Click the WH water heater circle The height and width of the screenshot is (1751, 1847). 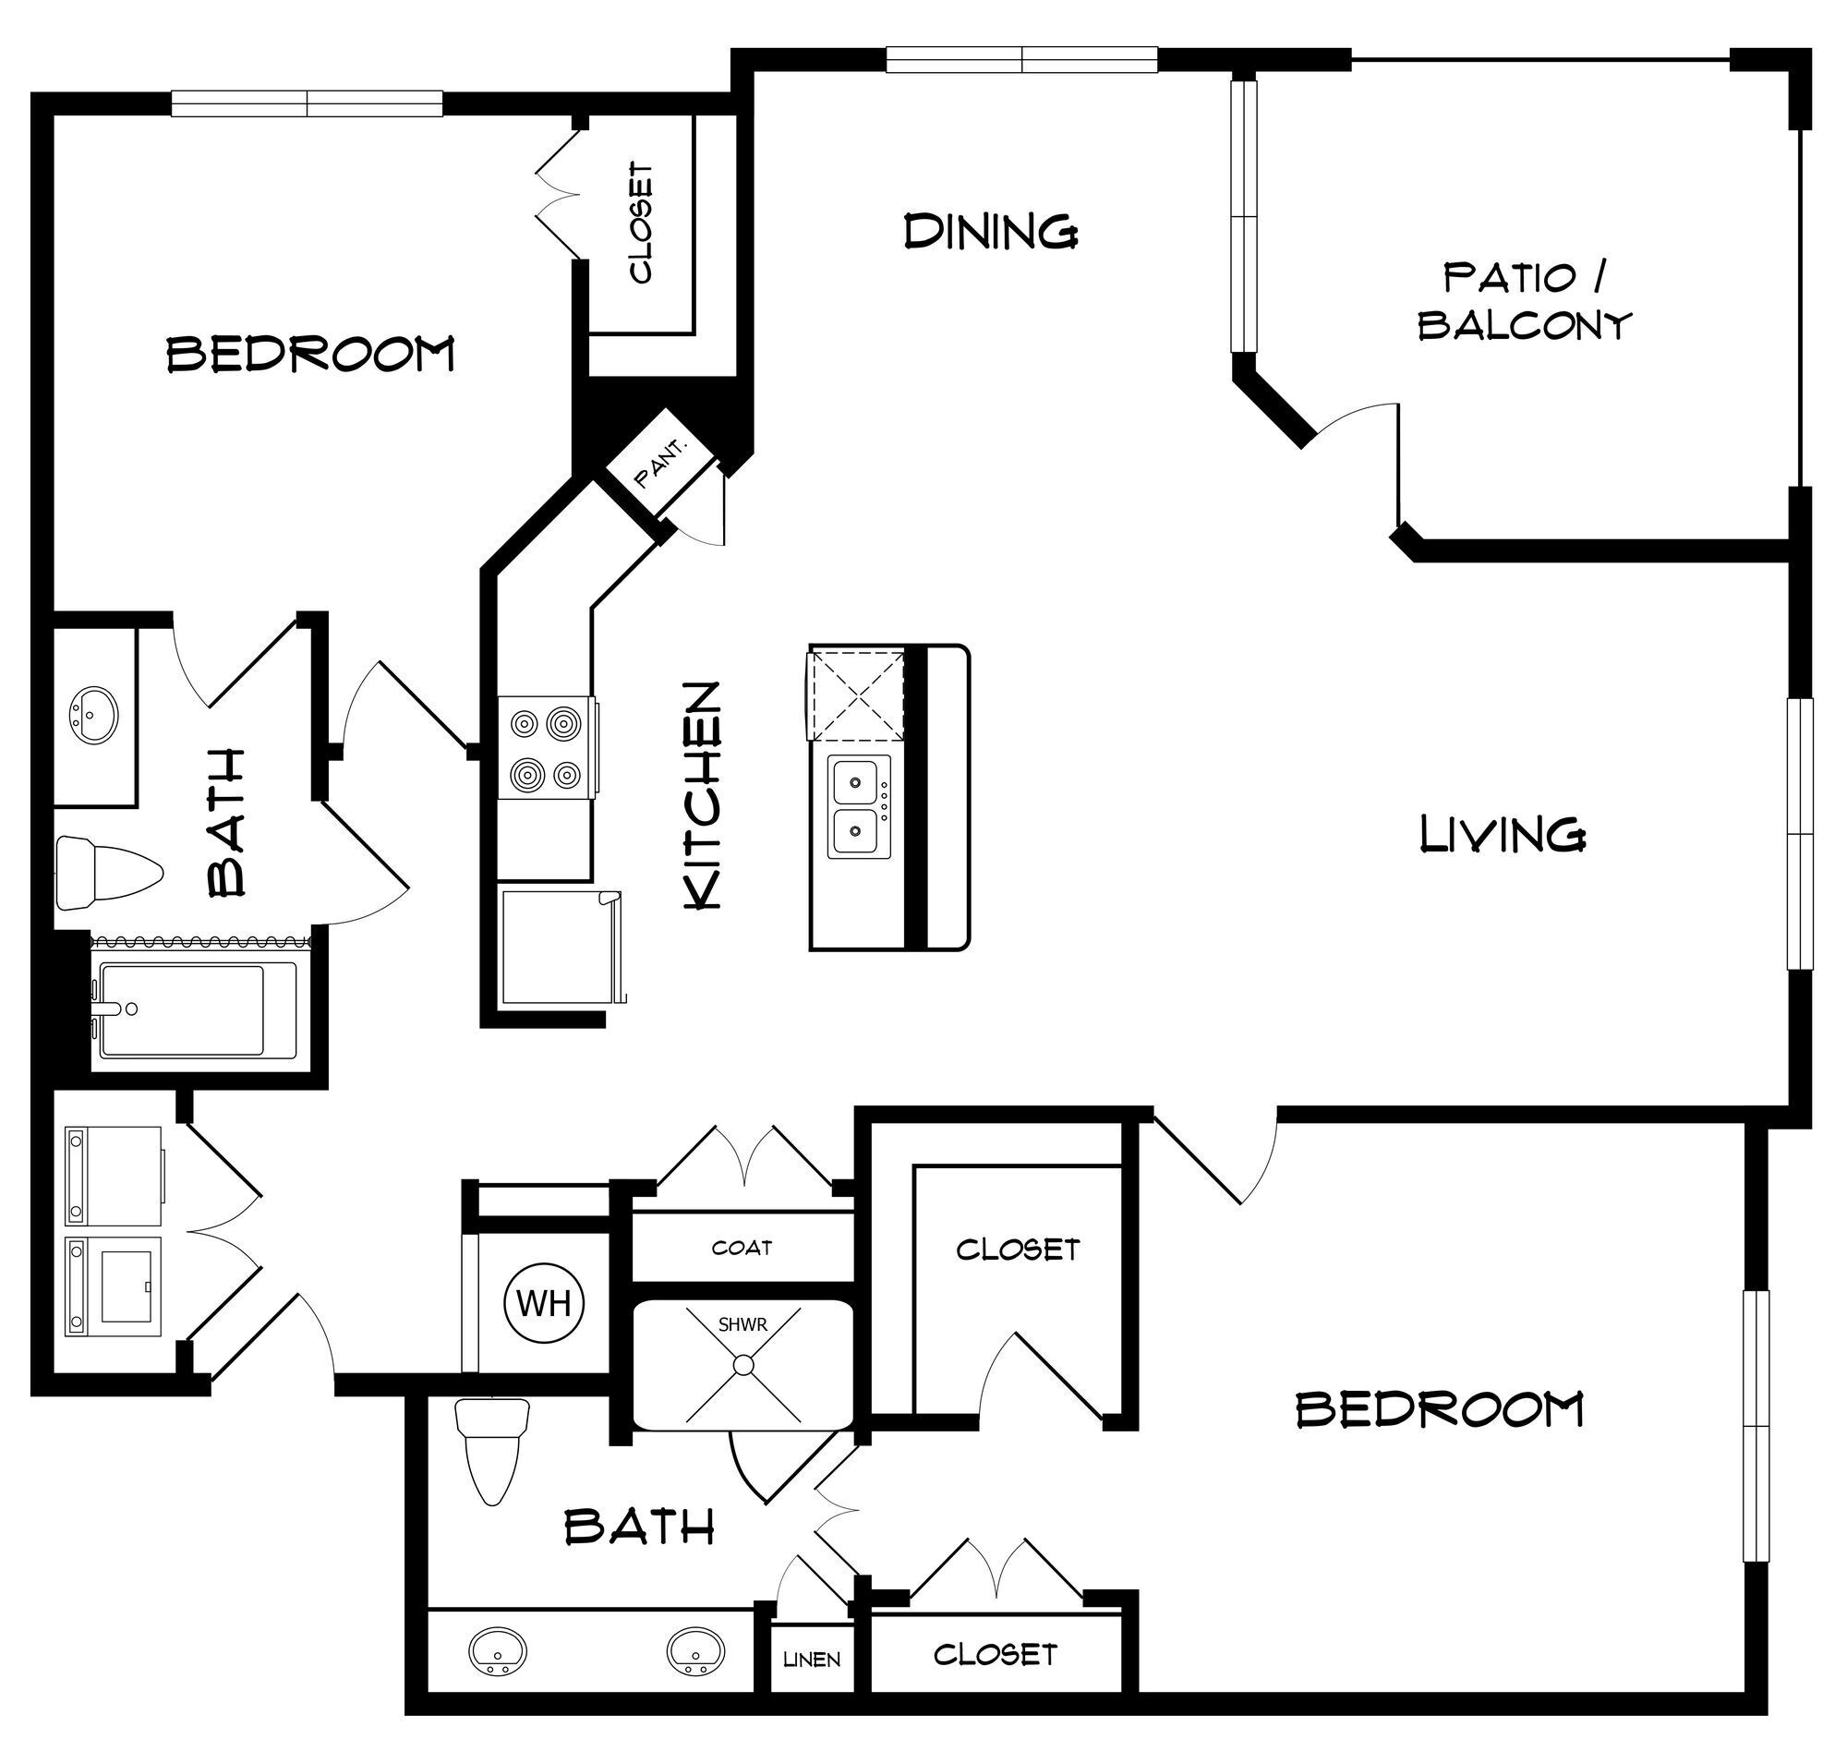click(x=543, y=1303)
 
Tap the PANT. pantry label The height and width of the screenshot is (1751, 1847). click(x=661, y=463)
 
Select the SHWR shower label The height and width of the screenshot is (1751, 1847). click(x=742, y=1324)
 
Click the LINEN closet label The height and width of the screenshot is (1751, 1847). click(x=811, y=1660)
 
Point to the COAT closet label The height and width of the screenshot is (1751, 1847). click(x=742, y=1248)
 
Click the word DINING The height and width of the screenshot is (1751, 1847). click(x=991, y=231)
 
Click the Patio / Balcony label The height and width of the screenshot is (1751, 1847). click(x=1524, y=300)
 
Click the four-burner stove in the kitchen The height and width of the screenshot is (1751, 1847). click(x=547, y=748)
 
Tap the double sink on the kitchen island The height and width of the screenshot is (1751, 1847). click(x=857, y=807)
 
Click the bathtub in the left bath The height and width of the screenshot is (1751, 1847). click(x=196, y=1010)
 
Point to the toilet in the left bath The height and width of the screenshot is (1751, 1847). click(x=107, y=873)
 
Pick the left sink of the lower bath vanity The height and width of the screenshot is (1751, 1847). click(x=498, y=1650)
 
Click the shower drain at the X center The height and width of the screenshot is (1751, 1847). click(x=742, y=1365)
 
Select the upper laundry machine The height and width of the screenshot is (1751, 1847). click(x=113, y=1175)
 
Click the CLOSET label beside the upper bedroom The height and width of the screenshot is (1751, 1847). click(x=641, y=223)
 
